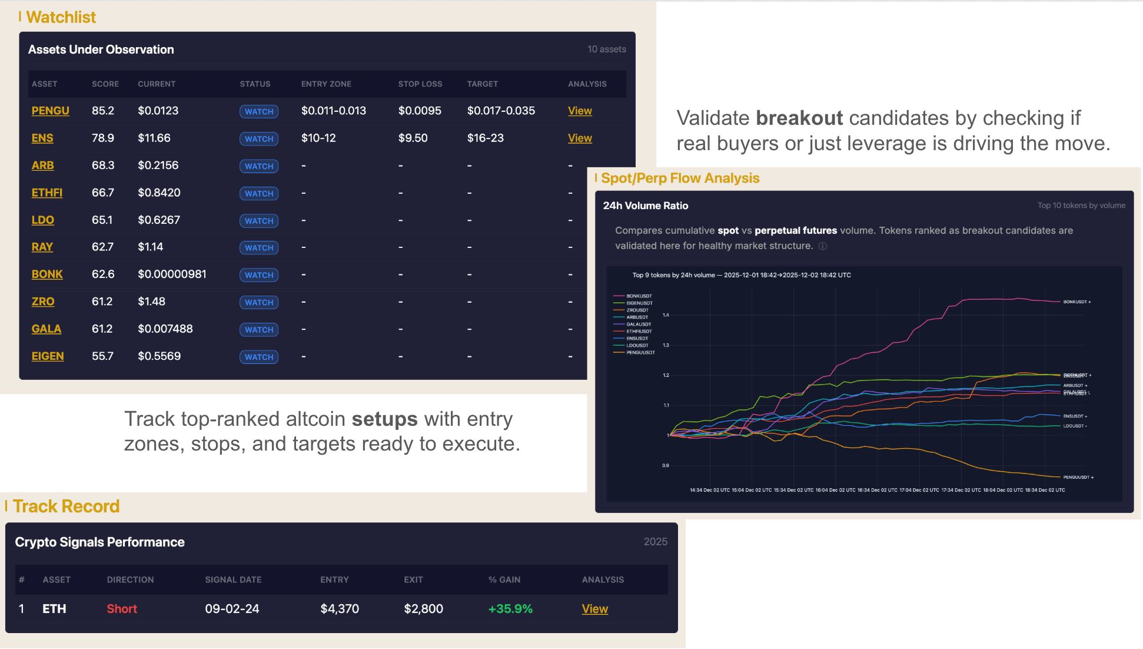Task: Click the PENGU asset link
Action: tap(50, 111)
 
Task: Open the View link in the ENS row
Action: tap(579, 138)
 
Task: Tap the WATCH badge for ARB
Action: tap(259, 166)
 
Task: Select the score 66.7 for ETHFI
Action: tap(103, 193)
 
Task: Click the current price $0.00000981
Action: tap(172, 274)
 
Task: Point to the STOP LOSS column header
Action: tap(420, 84)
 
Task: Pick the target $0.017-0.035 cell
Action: tap(501, 111)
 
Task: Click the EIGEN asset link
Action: tap(48, 356)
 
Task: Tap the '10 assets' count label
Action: tap(606, 49)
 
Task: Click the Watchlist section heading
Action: tap(61, 17)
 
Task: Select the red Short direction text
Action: tap(122, 609)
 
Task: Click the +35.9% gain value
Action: tap(510, 609)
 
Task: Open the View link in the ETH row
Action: tap(594, 609)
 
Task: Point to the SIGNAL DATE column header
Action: tap(233, 580)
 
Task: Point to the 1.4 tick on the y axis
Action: tap(666, 315)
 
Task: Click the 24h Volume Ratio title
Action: tap(645, 206)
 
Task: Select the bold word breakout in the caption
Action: tap(799, 118)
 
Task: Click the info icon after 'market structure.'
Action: tap(823, 246)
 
